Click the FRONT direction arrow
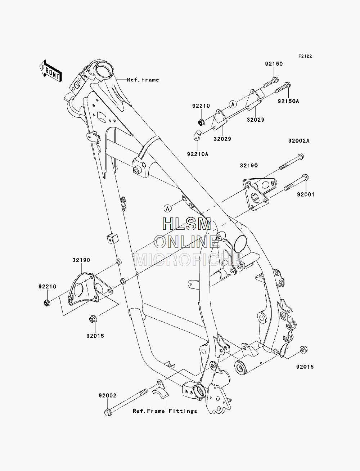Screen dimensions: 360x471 pyautogui.click(x=51, y=71)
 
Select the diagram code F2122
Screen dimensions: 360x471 pyautogui.click(x=305, y=56)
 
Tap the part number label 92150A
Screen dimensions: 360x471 pyautogui.click(x=288, y=101)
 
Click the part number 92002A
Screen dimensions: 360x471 pyautogui.click(x=299, y=141)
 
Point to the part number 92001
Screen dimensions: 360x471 pyautogui.click(x=306, y=194)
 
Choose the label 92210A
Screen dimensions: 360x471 pyautogui.click(x=198, y=154)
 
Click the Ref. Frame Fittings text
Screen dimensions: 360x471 pyautogui.click(x=165, y=411)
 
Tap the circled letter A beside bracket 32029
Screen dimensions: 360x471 pyautogui.click(x=233, y=104)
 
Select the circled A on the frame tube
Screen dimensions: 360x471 pyautogui.click(x=167, y=208)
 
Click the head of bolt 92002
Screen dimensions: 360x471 pyautogui.click(x=108, y=413)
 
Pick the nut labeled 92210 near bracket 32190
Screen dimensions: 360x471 pyautogui.click(x=47, y=303)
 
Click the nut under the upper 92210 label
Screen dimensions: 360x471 pyautogui.click(x=201, y=123)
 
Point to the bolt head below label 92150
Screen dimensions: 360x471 pyautogui.click(x=275, y=80)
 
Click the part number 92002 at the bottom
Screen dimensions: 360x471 pyautogui.click(x=107, y=395)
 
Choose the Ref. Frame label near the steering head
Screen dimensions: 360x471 pyautogui.click(x=143, y=80)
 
